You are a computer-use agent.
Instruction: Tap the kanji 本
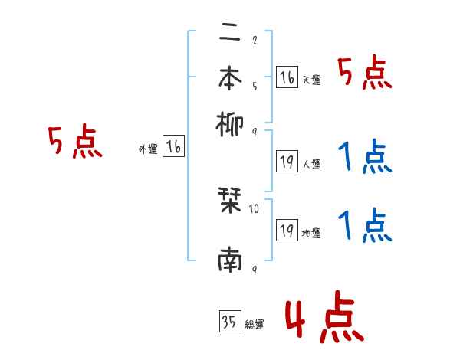coord(230,77)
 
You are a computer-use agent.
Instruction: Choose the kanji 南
coord(230,261)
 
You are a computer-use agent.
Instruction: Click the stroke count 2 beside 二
coord(254,41)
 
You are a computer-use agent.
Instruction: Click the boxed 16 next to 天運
coord(287,78)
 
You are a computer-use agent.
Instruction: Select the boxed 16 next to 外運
coord(173,148)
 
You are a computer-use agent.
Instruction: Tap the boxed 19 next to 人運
coord(287,162)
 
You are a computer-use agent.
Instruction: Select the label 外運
coord(148,150)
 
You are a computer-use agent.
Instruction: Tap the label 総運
coord(255,325)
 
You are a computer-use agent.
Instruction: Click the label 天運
coord(311,80)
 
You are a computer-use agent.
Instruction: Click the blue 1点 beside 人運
coord(365,157)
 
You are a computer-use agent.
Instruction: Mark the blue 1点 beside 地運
coord(365,225)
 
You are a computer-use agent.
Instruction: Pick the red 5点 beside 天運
coord(365,74)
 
